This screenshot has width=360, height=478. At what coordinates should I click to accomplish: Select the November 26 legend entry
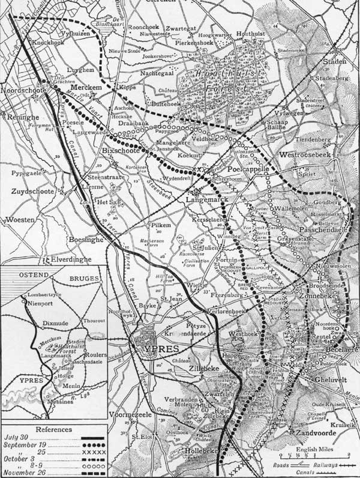(x=25, y=473)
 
